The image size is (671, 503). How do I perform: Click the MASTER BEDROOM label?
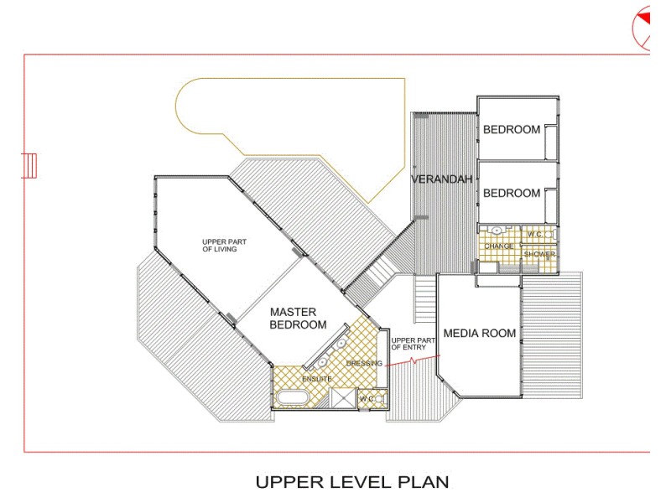[298, 319]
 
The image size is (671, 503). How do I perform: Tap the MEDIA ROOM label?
[480, 334]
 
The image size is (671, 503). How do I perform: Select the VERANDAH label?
[442, 179]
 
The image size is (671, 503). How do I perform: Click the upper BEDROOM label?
[512, 130]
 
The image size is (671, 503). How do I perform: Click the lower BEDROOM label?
[512, 194]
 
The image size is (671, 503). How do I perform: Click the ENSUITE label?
[317, 380]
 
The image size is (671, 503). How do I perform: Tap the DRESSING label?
[364, 363]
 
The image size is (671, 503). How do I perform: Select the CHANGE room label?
[499, 246]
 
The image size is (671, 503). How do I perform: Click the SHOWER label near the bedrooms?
[539, 254]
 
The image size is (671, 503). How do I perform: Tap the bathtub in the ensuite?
[294, 398]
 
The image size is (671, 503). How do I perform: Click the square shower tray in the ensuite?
[342, 399]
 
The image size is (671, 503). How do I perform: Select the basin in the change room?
[497, 230]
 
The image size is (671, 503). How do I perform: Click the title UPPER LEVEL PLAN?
[352, 482]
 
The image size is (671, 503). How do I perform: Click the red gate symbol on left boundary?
[29, 164]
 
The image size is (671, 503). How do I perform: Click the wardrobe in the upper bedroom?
[551, 140]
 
